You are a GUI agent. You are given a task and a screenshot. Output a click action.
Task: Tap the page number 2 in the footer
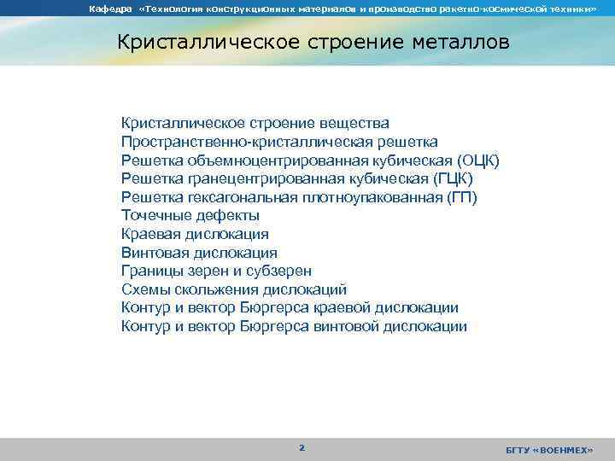click(x=301, y=447)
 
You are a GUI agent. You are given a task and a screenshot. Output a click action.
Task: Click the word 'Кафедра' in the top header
click(x=108, y=9)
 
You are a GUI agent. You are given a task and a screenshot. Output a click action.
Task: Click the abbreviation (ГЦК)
click(x=453, y=179)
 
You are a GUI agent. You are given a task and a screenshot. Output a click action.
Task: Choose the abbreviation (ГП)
click(x=463, y=197)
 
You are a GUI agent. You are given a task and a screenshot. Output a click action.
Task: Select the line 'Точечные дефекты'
click(x=184, y=216)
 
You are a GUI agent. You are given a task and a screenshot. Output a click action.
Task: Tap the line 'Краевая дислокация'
click(x=195, y=234)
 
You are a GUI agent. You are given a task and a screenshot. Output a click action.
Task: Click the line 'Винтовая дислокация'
click(x=199, y=253)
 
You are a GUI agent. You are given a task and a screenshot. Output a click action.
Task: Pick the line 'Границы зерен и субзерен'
click(x=216, y=271)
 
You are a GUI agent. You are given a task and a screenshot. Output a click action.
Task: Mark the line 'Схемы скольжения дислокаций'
click(x=234, y=289)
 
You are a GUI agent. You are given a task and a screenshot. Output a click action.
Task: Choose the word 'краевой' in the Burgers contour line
click(x=352, y=308)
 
